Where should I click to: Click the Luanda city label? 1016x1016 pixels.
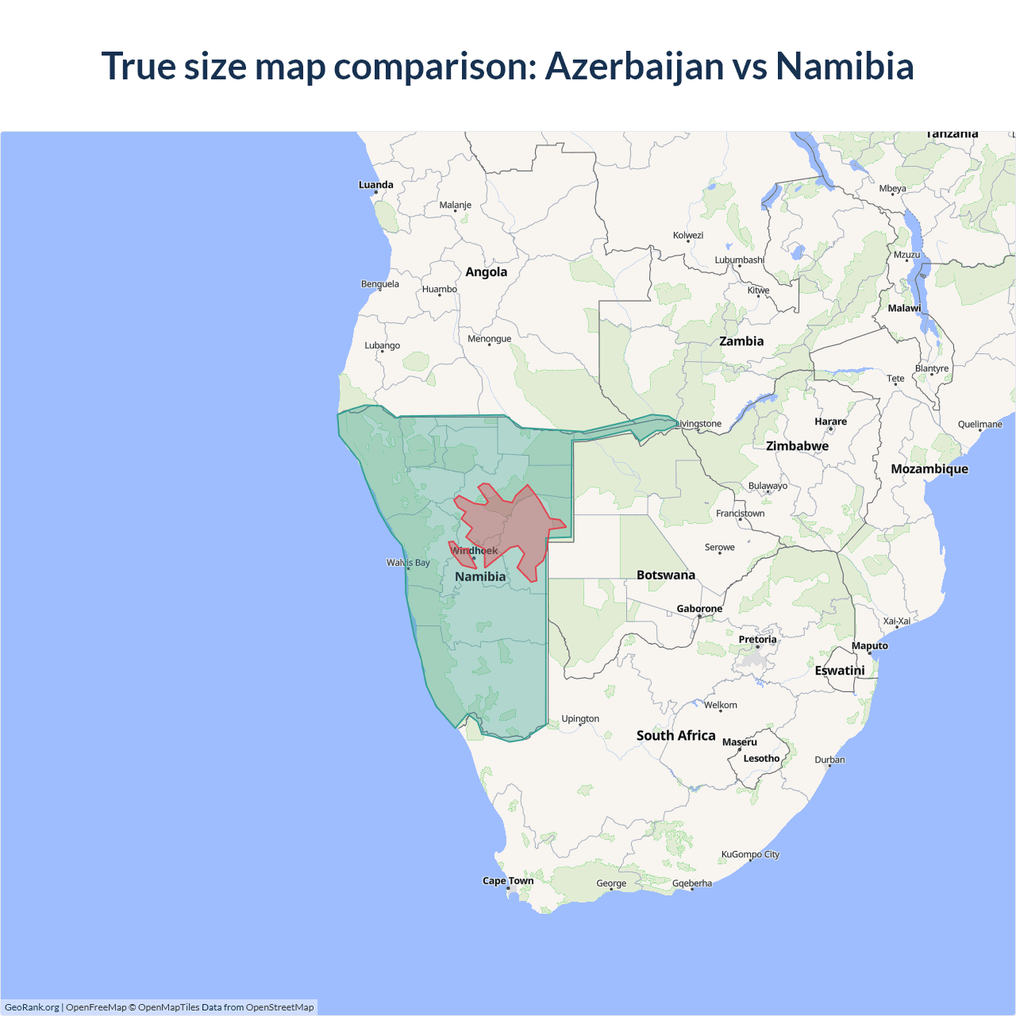[x=375, y=185]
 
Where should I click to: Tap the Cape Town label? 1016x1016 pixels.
[x=508, y=880]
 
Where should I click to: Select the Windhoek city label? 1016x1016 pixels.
[x=475, y=551]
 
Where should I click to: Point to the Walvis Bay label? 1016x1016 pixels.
[x=408, y=563]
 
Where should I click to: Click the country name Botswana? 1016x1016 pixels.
[x=665, y=575]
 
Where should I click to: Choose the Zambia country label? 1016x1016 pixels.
[x=741, y=341]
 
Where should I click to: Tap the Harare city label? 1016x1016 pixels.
[x=830, y=421]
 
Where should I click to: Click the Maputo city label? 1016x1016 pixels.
[x=869, y=646]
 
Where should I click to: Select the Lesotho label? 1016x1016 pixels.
[x=761, y=758]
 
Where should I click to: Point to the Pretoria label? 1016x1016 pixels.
[x=757, y=639]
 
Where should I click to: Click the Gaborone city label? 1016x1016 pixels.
[x=699, y=609]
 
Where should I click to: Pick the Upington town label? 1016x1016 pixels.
[x=580, y=719]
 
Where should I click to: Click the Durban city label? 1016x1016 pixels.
[x=829, y=760]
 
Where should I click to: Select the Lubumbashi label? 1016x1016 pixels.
[x=739, y=260]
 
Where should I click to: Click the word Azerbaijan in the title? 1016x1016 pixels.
[x=634, y=66]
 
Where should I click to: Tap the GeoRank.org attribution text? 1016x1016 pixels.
[x=32, y=1007]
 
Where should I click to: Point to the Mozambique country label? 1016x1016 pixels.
[x=929, y=469]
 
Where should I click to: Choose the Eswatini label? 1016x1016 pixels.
[x=839, y=671]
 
